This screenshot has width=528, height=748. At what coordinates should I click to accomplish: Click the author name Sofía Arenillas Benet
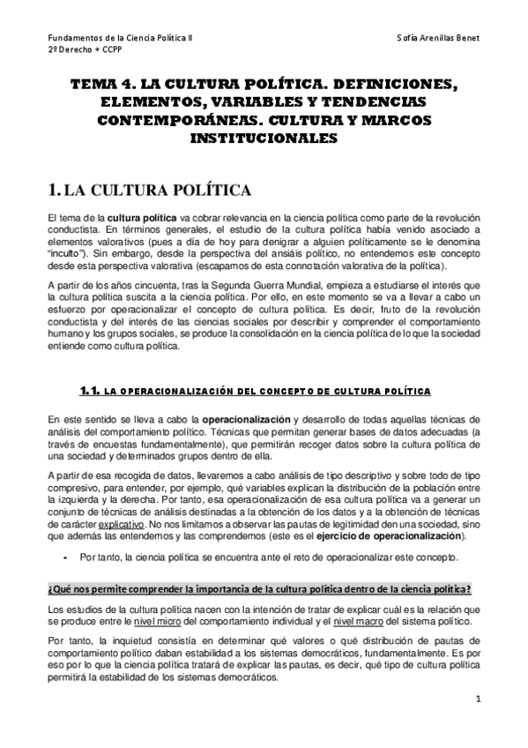[437, 39]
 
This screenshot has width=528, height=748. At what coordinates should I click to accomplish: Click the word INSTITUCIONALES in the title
[264, 138]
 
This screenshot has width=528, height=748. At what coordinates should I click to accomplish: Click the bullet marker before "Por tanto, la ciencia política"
[67, 558]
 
